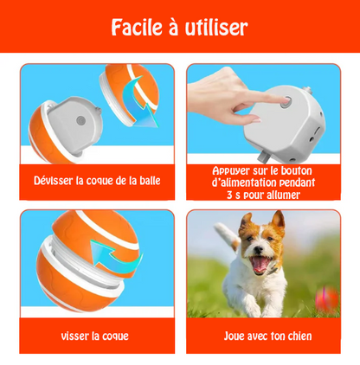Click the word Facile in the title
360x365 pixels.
138,28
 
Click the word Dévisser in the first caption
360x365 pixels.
55,181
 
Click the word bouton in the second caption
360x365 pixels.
299,170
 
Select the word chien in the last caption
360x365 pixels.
294,336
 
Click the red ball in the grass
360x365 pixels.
327,299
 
